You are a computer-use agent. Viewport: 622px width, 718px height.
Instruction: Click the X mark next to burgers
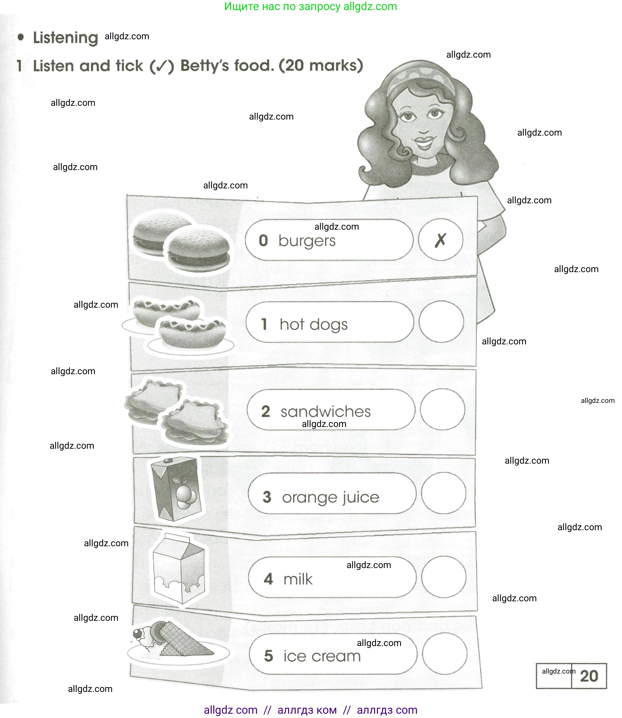point(441,240)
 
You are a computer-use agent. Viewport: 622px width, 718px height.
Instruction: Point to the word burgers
point(307,241)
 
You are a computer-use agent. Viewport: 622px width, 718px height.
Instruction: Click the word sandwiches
point(326,411)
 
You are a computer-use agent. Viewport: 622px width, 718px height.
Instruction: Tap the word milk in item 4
point(298,579)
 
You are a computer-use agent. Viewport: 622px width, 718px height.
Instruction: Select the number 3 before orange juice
point(267,497)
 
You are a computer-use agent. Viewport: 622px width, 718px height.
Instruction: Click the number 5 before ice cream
point(269,656)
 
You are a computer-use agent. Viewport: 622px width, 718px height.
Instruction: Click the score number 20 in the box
point(589,676)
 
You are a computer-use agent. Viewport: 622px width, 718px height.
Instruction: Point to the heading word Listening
point(66,38)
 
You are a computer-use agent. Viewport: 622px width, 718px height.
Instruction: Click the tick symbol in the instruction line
point(162,66)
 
